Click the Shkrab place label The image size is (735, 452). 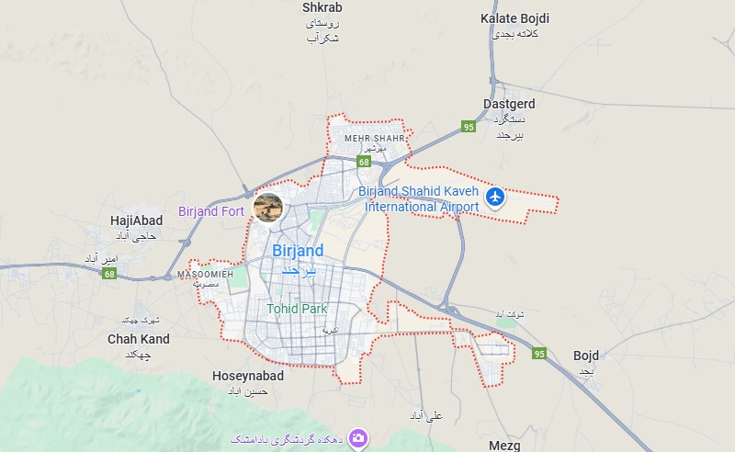(322, 7)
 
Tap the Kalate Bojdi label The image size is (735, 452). (514, 18)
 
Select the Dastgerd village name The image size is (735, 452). (508, 104)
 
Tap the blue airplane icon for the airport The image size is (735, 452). (496, 197)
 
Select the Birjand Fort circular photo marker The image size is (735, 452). (268, 207)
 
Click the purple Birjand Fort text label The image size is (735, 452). (211, 211)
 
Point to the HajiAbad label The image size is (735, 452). (136, 220)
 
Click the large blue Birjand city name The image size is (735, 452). (299, 251)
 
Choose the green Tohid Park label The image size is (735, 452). (297, 309)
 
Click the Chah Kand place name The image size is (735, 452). (139, 339)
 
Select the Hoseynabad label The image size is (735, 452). (247, 376)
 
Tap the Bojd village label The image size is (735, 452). (585, 355)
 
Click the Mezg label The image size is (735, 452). (504, 446)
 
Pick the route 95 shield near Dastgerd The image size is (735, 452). (469, 127)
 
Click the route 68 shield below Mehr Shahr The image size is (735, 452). (365, 163)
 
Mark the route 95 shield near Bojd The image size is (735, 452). (539, 354)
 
